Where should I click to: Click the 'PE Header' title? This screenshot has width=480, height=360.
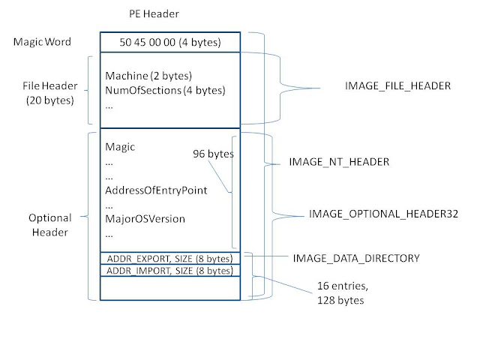(x=154, y=13)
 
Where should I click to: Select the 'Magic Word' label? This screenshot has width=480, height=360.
(x=42, y=42)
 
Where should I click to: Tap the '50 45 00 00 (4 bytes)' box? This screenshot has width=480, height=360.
(x=170, y=42)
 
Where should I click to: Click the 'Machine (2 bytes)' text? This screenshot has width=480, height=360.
(x=148, y=76)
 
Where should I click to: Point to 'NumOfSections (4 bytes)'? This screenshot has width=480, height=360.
(x=165, y=90)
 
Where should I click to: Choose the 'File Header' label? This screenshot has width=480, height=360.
(x=50, y=85)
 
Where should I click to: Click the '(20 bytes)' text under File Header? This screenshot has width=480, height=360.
(x=50, y=100)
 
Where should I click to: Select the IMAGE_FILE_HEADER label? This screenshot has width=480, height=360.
(x=398, y=86)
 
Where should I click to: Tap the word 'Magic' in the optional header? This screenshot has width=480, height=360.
(x=120, y=147)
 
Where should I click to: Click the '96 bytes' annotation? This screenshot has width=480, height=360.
(x=213, y=154)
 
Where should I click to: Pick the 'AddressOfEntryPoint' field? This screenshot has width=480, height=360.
(x=156, y=190)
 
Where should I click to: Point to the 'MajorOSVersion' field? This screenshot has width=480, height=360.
(x=145, y=219)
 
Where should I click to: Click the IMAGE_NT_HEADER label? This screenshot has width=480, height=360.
(x=339, y=162)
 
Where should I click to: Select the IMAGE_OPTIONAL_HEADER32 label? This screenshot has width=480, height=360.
(x=383, y=214)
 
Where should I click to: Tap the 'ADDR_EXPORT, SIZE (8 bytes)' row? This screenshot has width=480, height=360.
(x=170, y=259)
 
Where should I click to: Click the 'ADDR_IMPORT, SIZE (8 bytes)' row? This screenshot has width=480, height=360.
(x=170, y=271)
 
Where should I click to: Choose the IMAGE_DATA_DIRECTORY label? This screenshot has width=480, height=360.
(x=356, y=258)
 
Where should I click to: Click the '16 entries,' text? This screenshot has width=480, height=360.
(x=343, y=286)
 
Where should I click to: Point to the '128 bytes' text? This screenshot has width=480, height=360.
(x=340, y=300)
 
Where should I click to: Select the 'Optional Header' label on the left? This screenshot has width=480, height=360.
(x=50, y=225)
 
